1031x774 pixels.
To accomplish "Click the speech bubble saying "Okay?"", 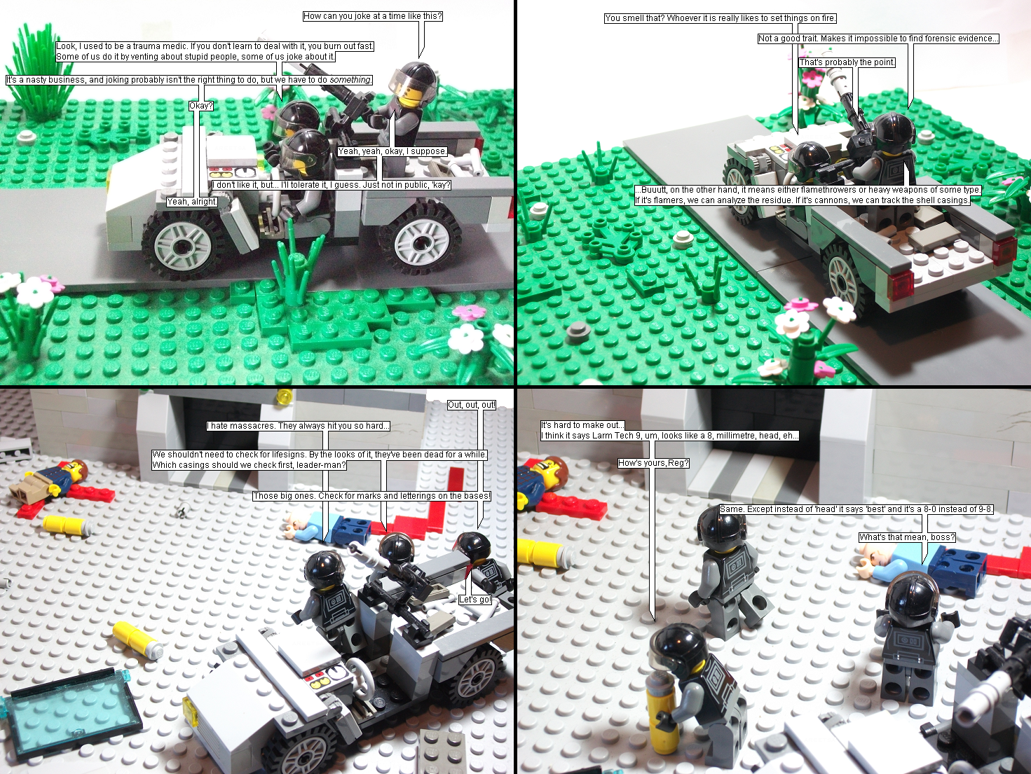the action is [x=201, y=106].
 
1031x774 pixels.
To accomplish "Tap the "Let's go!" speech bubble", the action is [x=475, y=600].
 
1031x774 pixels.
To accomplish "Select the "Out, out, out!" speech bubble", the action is [x=472, y=405].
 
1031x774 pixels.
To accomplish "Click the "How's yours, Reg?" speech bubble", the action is [x=653, y=463].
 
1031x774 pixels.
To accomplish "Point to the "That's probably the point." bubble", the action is [x=847, y=62].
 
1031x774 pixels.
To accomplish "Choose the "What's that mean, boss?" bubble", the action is [x=907, y=537].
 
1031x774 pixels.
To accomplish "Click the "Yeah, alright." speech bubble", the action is [x=192, y=201].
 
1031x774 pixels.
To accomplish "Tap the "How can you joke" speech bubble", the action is [x=373, y=16].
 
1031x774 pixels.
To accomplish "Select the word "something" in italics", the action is [x=350, y=80].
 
